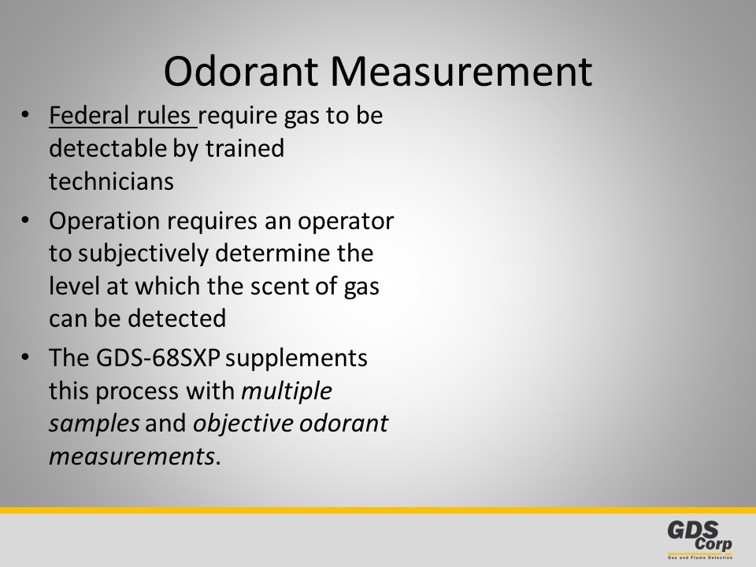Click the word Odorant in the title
tap(241, 72)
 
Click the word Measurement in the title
tap(461, 72)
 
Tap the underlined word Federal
tap(89, 115)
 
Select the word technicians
tap(111, 181)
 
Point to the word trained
tap(245, 148)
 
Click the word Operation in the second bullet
tap(105, 221)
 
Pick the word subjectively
tap(143, 254)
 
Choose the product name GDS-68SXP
tap(158, 358)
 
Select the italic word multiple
tap(287, 391)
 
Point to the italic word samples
tap(94, 424)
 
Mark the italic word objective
tap(243, 424)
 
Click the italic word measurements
tap(132, 456)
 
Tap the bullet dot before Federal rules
tap(25, 116)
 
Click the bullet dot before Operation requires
tap(25, 220)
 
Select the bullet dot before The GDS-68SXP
tap(25, 358)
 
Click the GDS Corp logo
tap(700, 539)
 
